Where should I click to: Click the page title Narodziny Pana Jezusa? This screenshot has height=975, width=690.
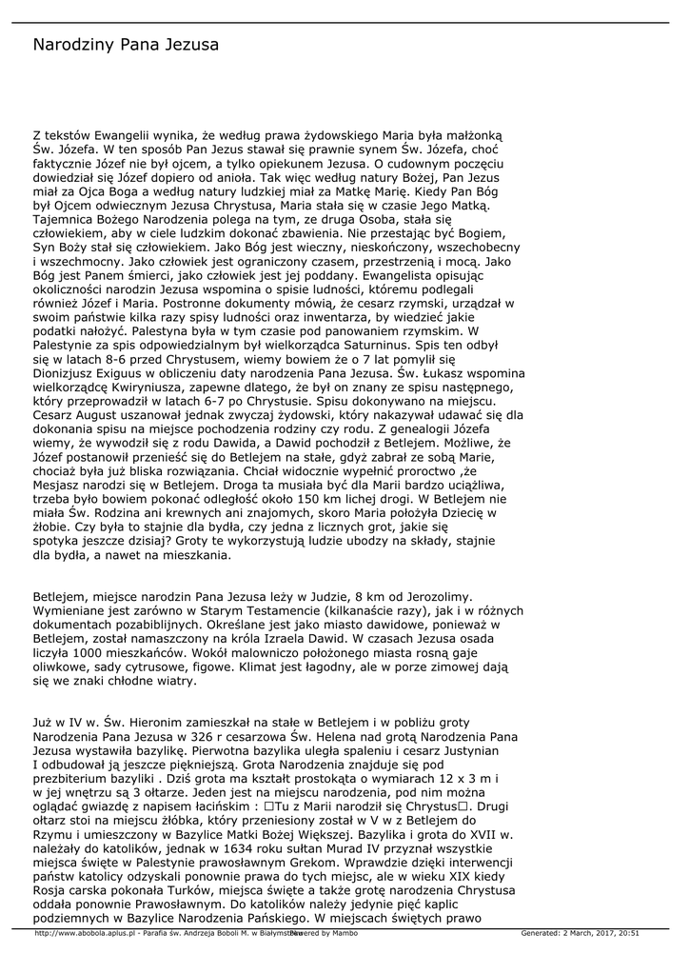click(126, 45)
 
